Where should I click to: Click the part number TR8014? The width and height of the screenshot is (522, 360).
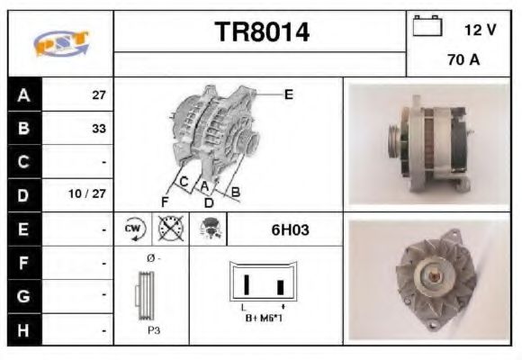[x=261, y=32]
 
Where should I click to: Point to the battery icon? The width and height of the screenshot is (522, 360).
[x=427, y=27]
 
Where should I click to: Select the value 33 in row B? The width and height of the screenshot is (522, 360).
[x=98, y=129]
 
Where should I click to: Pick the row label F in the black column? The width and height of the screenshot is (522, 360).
[x=22, y=263]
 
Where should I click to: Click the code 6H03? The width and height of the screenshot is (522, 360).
[x=290, y=229]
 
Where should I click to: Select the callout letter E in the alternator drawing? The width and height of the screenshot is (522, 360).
[x=288, y=94]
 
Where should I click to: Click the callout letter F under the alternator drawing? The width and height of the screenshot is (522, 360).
[x=165, y=200]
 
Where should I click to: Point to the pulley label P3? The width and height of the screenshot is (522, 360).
[x=154, y=330]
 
